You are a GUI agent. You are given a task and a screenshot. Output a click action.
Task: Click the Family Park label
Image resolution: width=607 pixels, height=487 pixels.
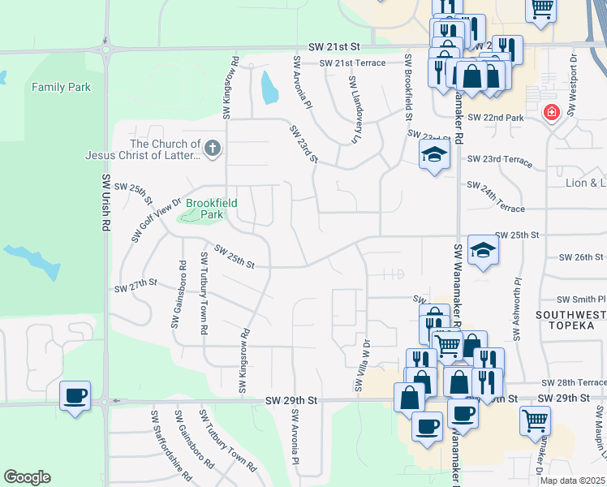coord(61,87)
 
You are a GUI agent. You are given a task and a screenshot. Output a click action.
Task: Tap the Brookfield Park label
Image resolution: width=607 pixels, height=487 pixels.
coord(204,209)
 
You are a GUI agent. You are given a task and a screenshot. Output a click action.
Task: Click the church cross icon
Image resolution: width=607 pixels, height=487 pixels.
coord(213,147)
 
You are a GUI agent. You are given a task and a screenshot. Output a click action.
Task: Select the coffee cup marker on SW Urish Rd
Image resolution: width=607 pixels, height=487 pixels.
coord(76,395)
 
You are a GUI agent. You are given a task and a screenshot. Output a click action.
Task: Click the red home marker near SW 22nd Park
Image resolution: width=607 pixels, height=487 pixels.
coord(552,112)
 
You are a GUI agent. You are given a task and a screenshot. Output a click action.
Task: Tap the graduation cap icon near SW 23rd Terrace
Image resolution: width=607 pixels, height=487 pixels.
coord(434,155)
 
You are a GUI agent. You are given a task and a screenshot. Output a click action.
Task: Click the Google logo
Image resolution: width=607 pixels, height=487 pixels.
coord(27,476)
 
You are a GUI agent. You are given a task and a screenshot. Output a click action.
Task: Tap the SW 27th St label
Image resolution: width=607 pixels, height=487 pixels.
coord(135,287)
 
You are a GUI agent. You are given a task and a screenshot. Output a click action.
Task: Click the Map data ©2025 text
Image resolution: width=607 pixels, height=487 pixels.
coord(572,481)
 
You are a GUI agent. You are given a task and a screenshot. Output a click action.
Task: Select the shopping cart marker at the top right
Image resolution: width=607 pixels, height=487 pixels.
coord(541,10)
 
